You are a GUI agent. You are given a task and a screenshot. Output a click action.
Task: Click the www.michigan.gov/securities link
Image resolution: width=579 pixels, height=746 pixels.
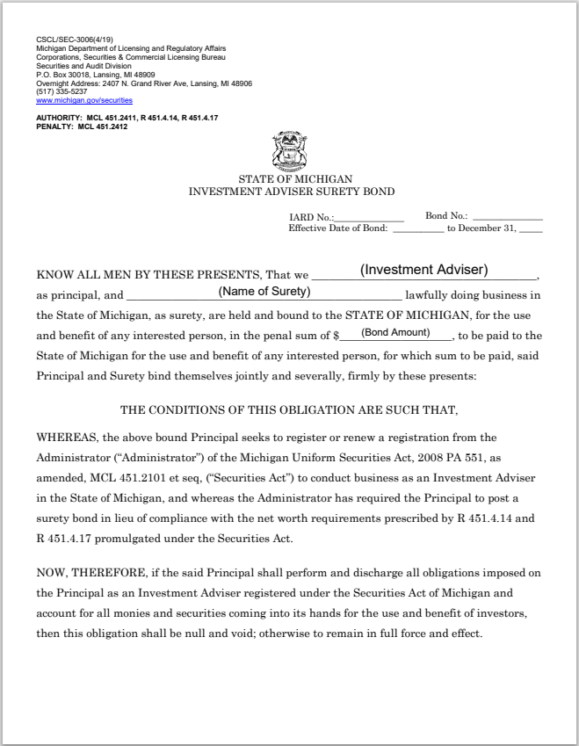coord(84,100)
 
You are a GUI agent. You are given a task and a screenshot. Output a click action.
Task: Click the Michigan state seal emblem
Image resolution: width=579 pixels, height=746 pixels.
coord(290,150)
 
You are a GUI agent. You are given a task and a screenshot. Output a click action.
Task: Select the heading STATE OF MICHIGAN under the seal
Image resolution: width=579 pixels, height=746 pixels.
coord(290,179)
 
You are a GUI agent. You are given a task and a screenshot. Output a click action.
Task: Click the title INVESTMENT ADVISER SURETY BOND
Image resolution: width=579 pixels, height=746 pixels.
coord(292,191)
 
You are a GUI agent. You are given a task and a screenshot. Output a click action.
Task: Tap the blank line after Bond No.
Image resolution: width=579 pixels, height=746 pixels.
coord(507,216)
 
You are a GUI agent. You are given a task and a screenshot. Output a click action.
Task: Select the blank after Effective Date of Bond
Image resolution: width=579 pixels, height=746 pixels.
coord(417,228)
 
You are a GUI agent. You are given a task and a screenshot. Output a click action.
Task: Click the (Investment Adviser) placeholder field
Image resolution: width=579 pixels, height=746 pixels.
coord(424,270)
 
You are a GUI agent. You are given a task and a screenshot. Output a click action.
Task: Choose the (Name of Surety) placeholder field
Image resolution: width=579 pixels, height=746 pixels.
coord(264,291)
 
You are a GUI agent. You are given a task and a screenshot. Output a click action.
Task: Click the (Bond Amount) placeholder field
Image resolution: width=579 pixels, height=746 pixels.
coord(395,332)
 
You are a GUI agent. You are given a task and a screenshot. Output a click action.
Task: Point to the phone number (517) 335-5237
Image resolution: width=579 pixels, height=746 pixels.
coord(62,91)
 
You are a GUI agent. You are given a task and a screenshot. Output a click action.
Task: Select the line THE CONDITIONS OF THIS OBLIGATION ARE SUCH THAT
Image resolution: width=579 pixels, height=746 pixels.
coord(289,409)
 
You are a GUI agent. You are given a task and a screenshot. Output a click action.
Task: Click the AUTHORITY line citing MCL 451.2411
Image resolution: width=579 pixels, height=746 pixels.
coord(127,118)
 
